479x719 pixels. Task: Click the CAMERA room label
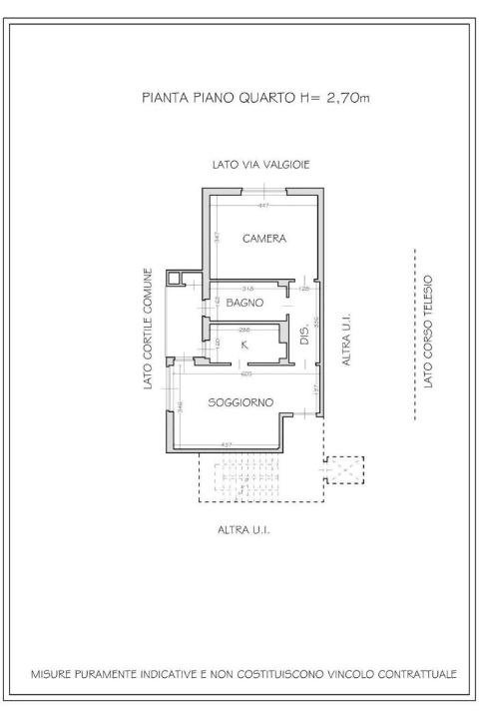tap(264, 240)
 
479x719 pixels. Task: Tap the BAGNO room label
tap(243, 302)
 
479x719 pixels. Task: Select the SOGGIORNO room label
tap(241, 402)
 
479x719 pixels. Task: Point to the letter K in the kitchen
tap(244, 345)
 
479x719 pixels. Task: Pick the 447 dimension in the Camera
tap(263, 206)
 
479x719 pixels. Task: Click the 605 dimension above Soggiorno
tap(245, 374)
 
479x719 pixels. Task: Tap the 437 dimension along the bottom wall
tap(227, 444)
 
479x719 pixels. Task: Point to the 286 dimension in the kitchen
tap(244, 329)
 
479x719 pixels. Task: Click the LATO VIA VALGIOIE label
tap(261, 163)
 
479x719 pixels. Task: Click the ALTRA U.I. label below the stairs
tap(244, 530)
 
